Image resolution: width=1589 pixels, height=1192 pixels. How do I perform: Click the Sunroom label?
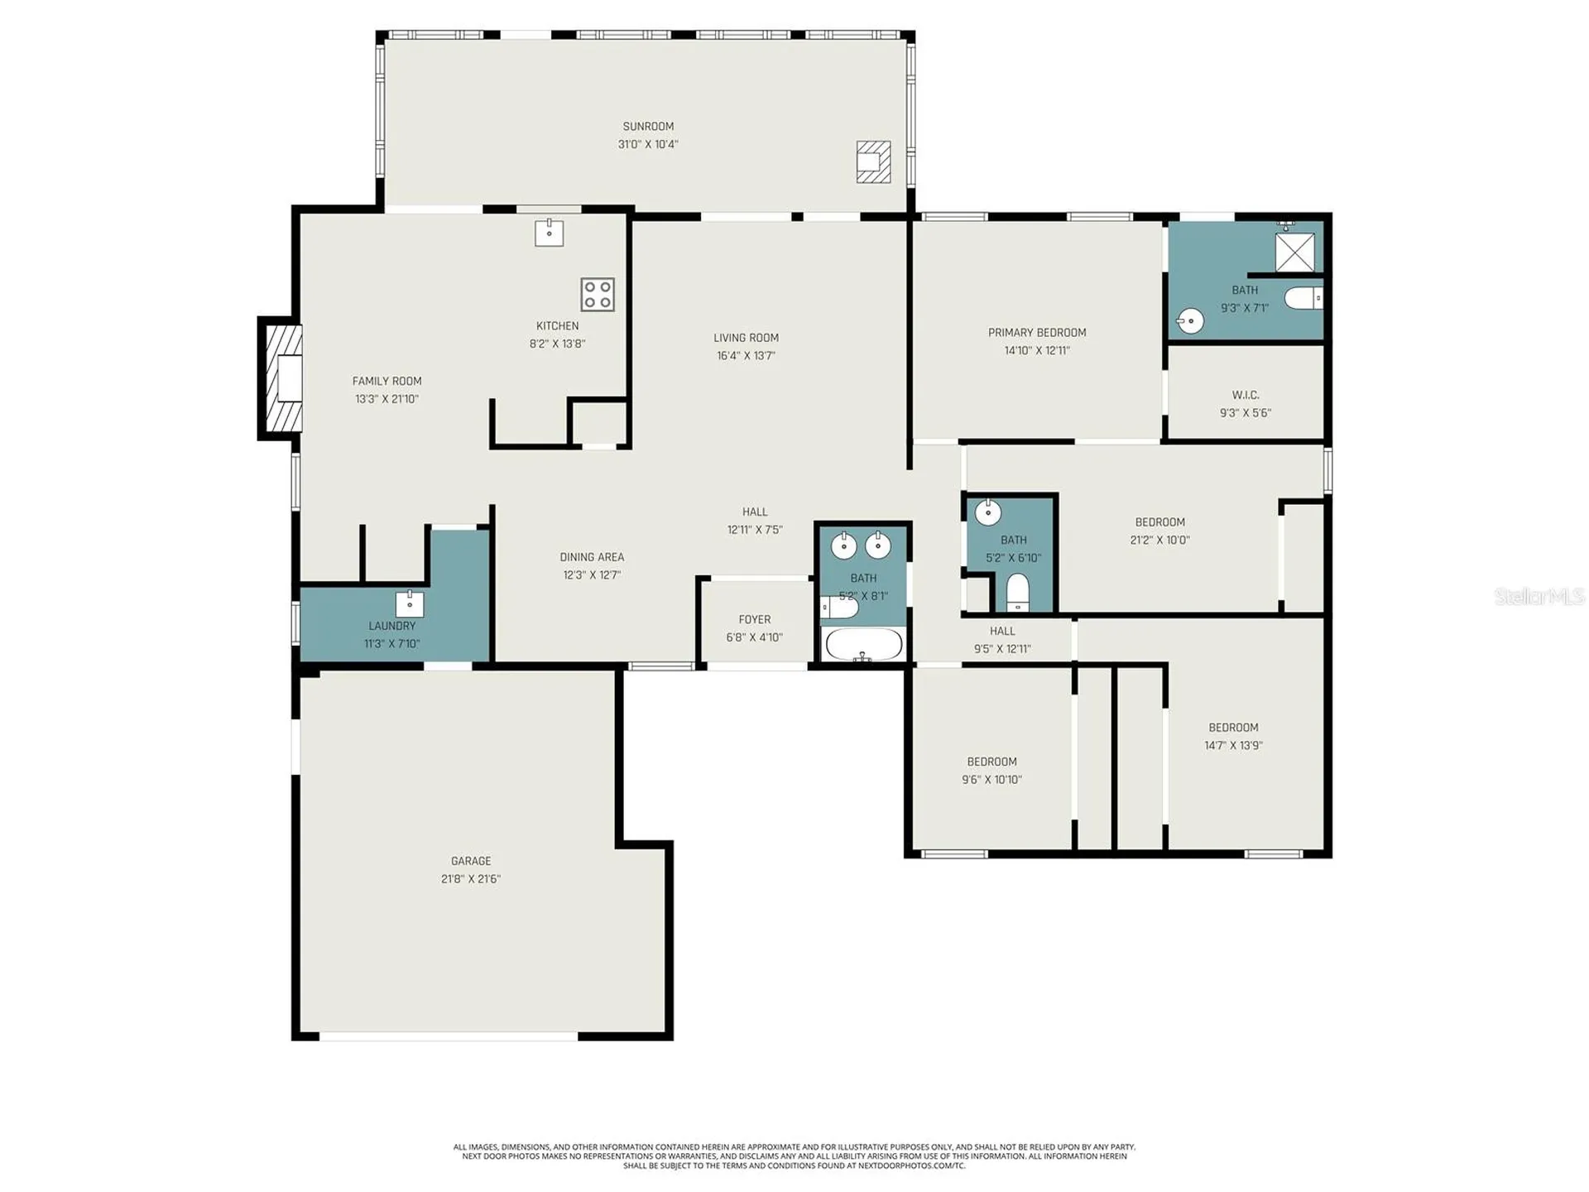coord(648,127)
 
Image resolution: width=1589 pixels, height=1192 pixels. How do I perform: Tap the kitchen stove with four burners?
coord(598,295)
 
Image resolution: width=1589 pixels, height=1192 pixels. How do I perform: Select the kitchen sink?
coord(549,233)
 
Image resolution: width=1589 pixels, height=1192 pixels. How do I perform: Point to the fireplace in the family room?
coord(281,378)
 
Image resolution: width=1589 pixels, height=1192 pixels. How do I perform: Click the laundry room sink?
coord(410,604)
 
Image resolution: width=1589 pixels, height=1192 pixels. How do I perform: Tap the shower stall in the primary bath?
coord(1294,252)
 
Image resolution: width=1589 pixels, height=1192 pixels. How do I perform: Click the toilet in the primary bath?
coord(1303,298)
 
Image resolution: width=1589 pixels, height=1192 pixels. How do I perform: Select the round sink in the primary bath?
coord(1190,320)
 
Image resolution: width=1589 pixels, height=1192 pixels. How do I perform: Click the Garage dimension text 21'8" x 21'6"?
coord(471,879)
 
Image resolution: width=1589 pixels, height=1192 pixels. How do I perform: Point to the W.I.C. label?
coord(1246,396)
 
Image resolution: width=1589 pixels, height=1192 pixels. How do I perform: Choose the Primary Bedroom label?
coord(1037,333)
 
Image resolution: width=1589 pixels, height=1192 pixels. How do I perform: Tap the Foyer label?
coord(755,619)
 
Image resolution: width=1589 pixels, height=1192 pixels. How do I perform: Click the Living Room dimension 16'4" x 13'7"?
coord(746,356)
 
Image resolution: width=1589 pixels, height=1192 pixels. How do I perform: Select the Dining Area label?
coord(592,557)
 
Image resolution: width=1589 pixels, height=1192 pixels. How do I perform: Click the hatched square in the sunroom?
coord(873,161)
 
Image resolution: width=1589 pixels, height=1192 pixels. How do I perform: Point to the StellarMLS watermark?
coord(1539,596)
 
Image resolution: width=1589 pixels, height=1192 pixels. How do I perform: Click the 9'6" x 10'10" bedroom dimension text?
coord(991,780)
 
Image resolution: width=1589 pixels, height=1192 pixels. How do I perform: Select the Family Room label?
coord(386,382)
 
